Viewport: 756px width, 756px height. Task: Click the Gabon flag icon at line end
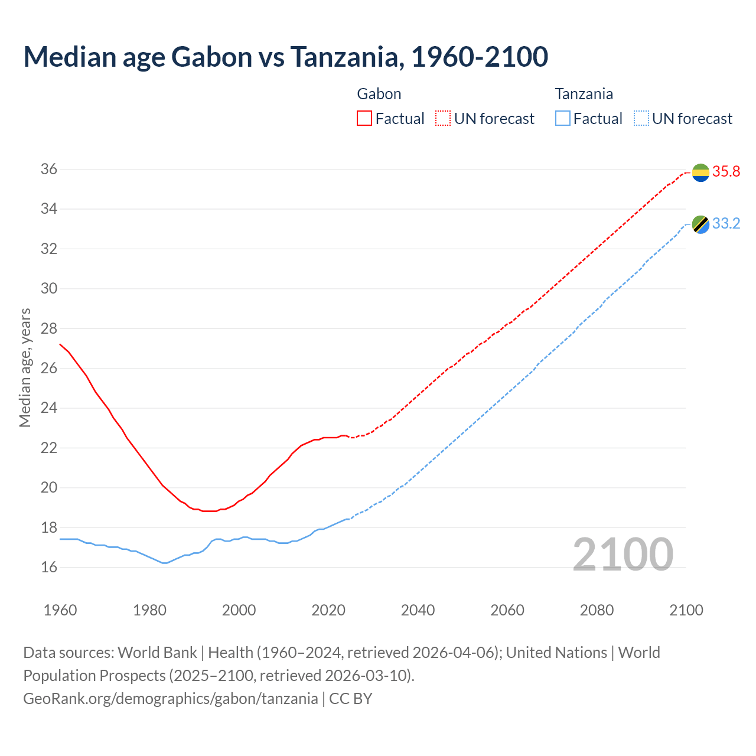pyautogui.click(x=700, y=172)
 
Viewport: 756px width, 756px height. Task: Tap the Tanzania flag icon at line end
pyautogui.click(x=700, y=224)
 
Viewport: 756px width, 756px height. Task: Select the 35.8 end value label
pyautogui.click(x=726, y=171)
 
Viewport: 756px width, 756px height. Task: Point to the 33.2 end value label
pyautogui.click(x=726, y=223)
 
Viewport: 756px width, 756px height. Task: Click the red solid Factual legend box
pyautogui.click(x=364, y=118)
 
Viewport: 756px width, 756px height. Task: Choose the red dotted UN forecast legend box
pyautogui.click(x=443, y=118)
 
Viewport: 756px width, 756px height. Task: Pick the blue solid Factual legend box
pyautogui.click(x=563, y=118)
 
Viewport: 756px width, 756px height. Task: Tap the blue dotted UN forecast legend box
pyautogui.click(x=641, y=118)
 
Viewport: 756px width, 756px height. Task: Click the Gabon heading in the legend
pyautogui.click(x=379, y=94)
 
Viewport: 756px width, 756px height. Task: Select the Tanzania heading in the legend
pyautogui.click(x=584, y=94)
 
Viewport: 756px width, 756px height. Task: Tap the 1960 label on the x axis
pyautogui.click(x=60, y=610)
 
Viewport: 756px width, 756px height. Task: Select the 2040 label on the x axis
pyautogui.click(x=418, y=610)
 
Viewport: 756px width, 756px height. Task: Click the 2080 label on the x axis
pyautogui.click(x=597, y=610)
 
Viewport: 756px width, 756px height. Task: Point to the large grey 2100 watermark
pyautogui.click(x=623, y=554)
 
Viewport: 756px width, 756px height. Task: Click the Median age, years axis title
pyautogui.click(x=25, y=367)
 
